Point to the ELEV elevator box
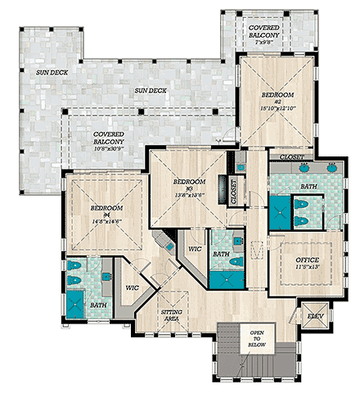pyautogui.click(x=316, y=315)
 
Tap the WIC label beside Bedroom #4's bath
pyautogui.click(x=131, y=287)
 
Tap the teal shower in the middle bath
pyautogui.click(x=222, y=277)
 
